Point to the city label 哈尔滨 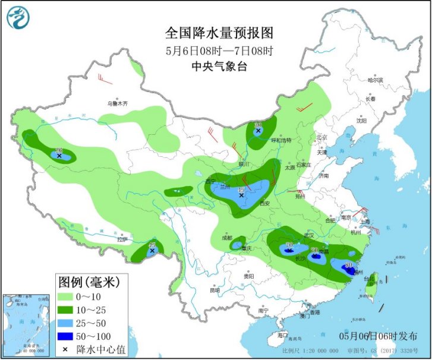[x=376, y=79]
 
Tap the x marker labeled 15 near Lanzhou [x=241, y=195]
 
